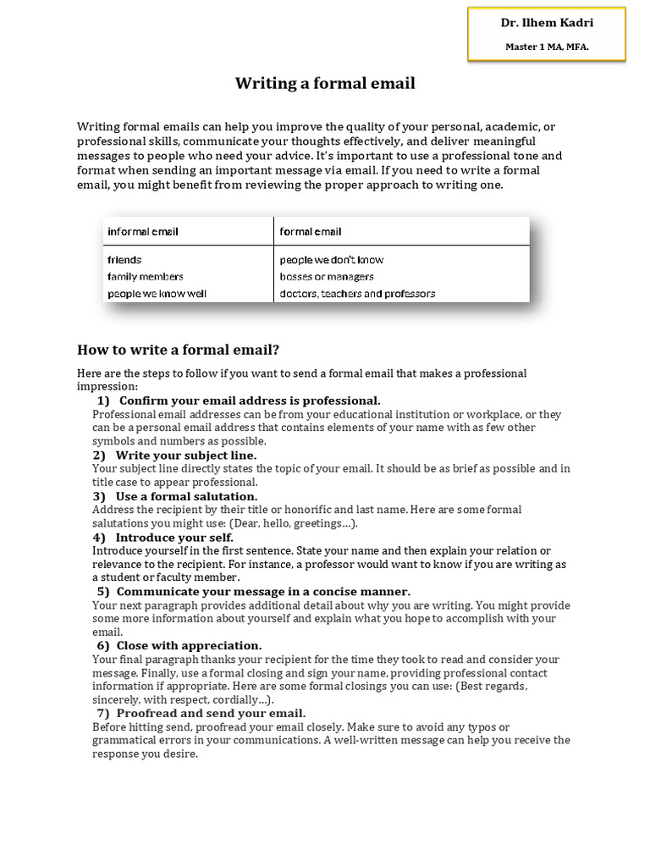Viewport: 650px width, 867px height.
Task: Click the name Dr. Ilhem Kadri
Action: point(546,24)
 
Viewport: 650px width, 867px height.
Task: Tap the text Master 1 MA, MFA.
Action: point(546,47)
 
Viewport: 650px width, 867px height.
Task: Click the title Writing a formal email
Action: point(325,84)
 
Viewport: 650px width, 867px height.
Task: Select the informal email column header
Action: point(142,231)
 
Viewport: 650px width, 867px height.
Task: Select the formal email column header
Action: point(311,231)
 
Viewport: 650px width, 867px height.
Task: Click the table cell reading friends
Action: point(124,260)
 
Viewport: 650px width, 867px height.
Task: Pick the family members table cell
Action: point(145,277)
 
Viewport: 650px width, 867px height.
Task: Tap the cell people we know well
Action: point(157,294)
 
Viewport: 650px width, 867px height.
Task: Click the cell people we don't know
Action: point(331,260)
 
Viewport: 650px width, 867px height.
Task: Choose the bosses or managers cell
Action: point(327,277)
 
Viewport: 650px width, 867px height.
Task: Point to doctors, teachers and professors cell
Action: point(357,294)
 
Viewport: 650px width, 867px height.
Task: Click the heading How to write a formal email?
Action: point(178,349)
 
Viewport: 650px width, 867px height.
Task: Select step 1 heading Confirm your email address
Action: point(249,400)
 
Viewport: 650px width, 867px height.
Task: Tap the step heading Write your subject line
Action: point(185,455)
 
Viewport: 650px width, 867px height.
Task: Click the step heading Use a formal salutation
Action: point(186,496)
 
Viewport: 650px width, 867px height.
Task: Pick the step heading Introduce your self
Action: point(175,537)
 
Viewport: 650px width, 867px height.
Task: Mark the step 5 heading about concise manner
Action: point(262,591)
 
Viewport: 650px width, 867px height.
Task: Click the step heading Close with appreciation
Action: point(189,645)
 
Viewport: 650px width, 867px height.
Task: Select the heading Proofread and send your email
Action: point(211,714)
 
